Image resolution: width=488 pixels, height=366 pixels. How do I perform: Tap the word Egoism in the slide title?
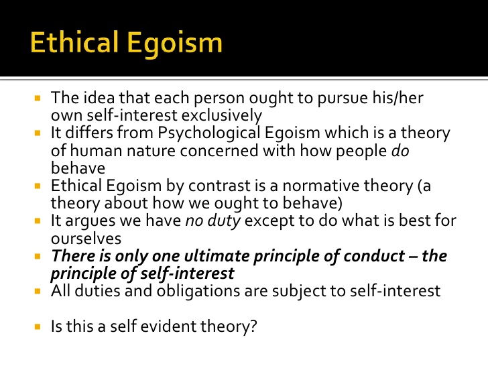pyautogui.click(x=175, y=44)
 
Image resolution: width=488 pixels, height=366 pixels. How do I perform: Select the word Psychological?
pyautogui.click(x=209, y=133)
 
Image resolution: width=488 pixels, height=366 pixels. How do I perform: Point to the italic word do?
pyautogui.click(x=400, y=151)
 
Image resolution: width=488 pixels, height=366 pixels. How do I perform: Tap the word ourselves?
pyautogui.click(x=86, y=239)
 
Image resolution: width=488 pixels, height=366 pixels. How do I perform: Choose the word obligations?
pyautogui.click(x=198, y=292)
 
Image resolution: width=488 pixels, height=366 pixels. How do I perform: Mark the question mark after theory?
pyautogui.click(x=253, y=326)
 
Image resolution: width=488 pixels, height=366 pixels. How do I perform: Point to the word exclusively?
pyautogui.click(x=222, y=116)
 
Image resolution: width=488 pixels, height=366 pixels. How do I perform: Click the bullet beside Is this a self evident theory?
pyautogui.click(x=38, y=327)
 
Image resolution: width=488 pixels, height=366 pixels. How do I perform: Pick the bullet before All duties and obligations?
pyautogui.click(x=38, y=292)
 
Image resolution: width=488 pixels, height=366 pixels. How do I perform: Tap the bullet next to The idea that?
pyautogui.click(x=38, y=99)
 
